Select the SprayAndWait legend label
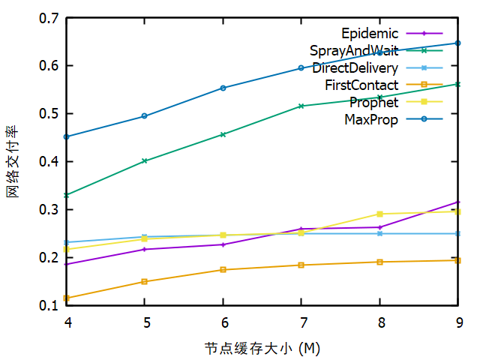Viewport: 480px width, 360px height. [x=354, y=50]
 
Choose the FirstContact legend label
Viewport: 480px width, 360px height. [x=361, y=85]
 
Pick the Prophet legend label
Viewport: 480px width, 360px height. [x=373, y=102]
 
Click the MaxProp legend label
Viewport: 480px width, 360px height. [x=371, y=119]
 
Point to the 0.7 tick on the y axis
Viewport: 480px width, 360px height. [x=49, y=18]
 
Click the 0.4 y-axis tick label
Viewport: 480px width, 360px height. [x=49, y=162]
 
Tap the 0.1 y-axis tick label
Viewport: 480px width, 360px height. [x=49, y=306]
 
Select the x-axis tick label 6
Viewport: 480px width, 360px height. [x=223, y=322]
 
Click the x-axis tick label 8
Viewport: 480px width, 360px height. [x=379, y=322]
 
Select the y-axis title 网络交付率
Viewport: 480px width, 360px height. [x=13, y=161]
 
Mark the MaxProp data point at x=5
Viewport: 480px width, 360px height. [x=145, y=116]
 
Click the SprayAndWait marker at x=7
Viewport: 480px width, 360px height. [x=301, y=106]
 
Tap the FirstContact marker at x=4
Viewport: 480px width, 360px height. [x=67, y=298]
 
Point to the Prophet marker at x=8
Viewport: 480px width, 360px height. [x=379, y=214]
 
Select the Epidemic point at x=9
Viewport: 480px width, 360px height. [x=457, y=202]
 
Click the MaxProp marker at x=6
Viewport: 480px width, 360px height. [x=223, y=88]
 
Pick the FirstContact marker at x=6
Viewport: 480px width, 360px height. [x=223, y=269]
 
